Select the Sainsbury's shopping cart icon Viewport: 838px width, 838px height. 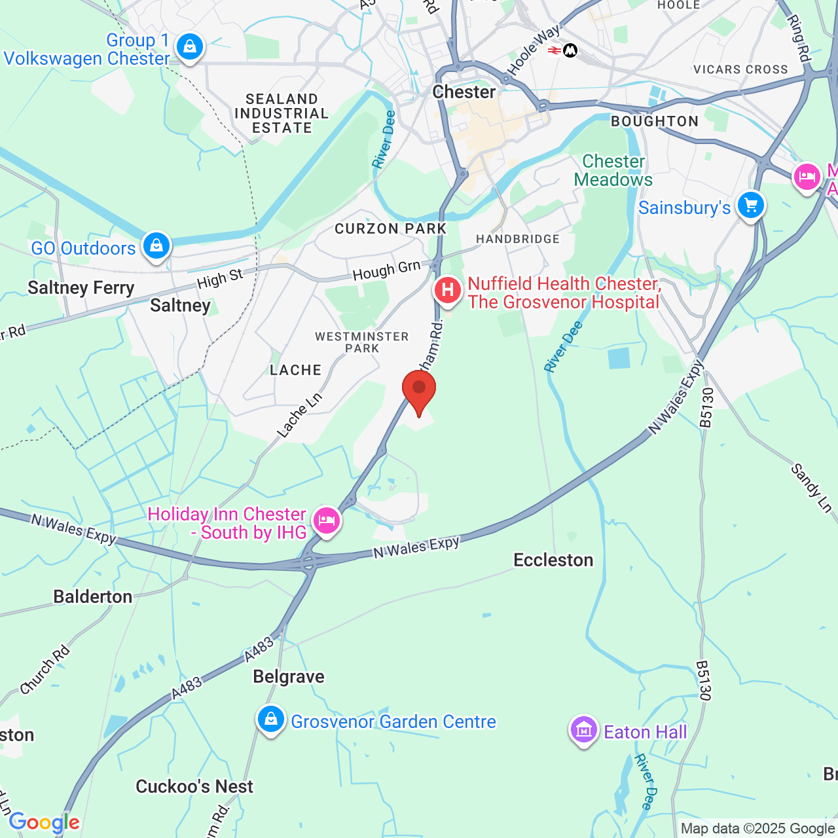tap(750, 206)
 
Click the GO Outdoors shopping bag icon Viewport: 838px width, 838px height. tap(156, 246)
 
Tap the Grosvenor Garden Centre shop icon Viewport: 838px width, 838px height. tap(270, 720)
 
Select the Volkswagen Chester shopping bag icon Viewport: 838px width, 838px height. tap(189, 47)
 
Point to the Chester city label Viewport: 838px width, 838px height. tap(464, 92)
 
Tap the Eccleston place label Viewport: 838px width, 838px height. tap(553, 560)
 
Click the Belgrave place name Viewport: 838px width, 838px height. tap(289, 676)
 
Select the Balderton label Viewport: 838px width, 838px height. tap(93, 597)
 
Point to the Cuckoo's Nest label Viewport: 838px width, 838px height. tap(194, 787)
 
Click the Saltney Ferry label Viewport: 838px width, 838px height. tap(81, 288)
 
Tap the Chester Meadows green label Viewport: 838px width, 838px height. tap(613, 171)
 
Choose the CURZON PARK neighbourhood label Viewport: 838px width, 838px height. tap(390, 229)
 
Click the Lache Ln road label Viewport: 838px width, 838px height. tap(300, 415)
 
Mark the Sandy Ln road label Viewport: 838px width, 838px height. tap(811, 488)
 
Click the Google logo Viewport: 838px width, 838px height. tap(45, 822)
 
